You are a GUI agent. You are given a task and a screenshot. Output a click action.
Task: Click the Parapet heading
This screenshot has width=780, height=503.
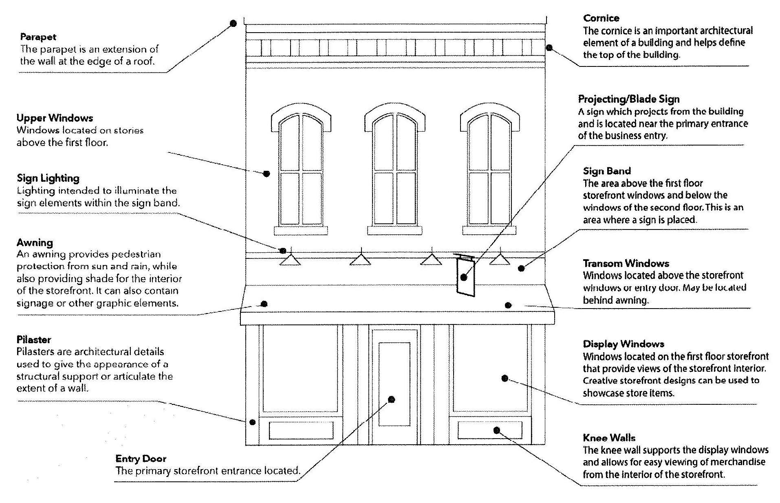(38, 37)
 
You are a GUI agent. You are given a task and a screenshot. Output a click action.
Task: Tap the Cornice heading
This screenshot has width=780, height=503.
(601, 18)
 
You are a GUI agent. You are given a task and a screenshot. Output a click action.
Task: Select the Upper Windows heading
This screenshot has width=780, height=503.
(55, 118)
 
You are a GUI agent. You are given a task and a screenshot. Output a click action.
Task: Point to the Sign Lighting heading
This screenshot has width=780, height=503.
(48, 178)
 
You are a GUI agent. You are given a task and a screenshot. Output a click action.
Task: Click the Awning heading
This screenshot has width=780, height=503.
(35, 243)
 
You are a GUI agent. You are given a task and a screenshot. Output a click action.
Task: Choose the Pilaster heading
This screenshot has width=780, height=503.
(34, 340)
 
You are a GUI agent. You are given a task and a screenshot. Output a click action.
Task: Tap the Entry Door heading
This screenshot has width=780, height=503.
(141, 459)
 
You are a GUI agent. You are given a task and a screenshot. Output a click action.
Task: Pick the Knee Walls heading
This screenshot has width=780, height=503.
(609, 438)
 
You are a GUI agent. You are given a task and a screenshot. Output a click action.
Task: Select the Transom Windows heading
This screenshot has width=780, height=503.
(626, 263)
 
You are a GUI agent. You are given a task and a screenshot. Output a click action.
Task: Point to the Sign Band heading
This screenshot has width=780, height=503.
(606, 171)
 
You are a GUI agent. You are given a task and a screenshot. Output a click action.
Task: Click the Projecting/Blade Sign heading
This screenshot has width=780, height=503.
(628, 99)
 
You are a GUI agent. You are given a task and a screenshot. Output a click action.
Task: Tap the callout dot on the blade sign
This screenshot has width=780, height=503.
(464, 277)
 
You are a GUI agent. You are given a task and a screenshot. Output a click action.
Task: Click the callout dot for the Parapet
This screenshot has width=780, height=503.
(233, 23)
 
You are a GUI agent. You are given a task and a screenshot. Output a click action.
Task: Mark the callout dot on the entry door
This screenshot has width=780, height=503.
(391, 399)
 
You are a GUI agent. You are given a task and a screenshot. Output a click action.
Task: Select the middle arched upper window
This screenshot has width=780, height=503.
(394, 169)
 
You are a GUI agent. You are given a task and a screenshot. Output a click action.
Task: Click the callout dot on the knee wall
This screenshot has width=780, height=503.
(496, 430)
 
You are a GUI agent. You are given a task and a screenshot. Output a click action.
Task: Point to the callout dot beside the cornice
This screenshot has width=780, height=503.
(549, 48)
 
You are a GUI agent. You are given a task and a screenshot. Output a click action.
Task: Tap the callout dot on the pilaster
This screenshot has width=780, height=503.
(252, 422)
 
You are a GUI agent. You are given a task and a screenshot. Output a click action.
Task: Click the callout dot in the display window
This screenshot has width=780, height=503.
(505, 378)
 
